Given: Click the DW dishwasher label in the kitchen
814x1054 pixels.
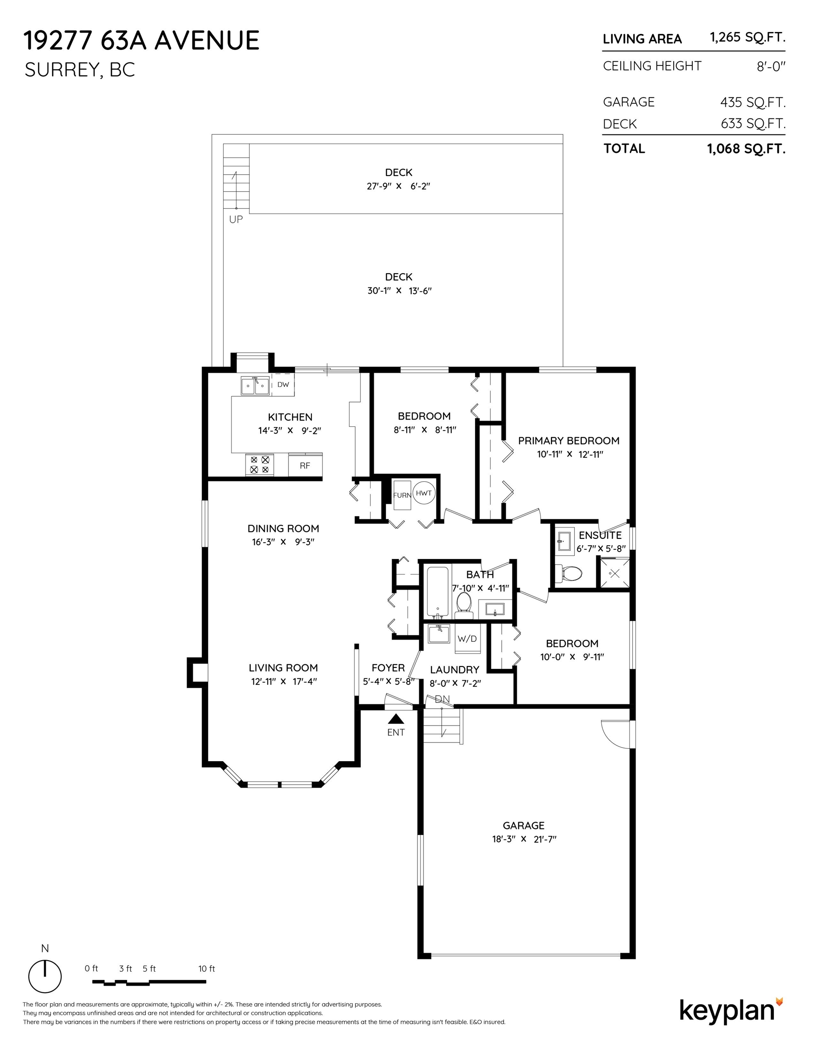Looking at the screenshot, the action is tap(283, 385).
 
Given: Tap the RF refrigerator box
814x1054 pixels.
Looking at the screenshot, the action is tap(305, 465).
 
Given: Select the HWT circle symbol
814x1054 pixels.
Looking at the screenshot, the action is tap(423, 493).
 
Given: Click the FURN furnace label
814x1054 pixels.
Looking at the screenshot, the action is tap(402, 495).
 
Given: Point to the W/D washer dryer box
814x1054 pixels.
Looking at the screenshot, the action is tap(467, 639).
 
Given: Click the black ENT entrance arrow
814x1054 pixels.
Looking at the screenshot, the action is tap(396, 719).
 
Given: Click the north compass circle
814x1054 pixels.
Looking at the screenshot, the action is tap(45, 977).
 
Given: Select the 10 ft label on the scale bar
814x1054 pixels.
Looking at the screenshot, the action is tap(207, 968).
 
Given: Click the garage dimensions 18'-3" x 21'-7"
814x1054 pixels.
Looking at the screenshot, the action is tap(524, 839).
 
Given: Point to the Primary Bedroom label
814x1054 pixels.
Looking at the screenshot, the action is tap(568, 441).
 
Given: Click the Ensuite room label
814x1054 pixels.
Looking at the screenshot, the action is tap(600, 535).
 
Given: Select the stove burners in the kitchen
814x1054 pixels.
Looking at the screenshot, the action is tap(260, 465).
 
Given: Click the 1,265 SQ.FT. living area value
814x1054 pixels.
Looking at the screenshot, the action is tap(747, 37).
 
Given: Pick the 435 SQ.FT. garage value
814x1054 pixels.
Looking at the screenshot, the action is tap(753, 102).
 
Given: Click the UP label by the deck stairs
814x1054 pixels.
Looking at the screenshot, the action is tap(236, 219).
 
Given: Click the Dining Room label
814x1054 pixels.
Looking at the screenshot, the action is tap(283, 528).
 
